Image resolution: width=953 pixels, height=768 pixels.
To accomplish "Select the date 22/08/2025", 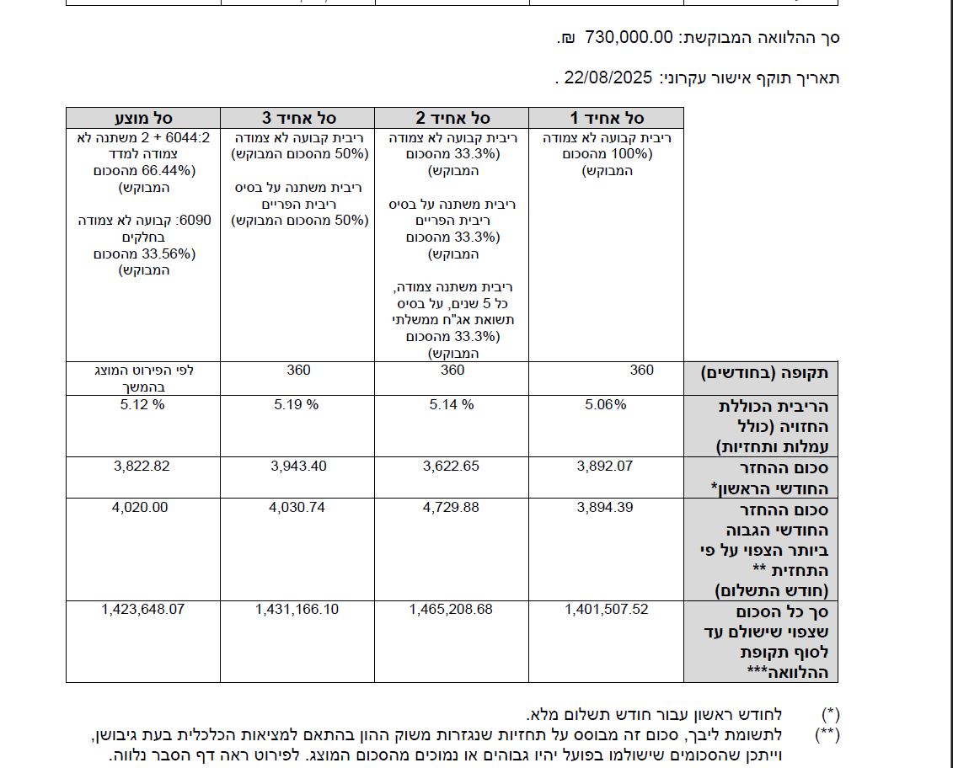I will pyautogui.click(x=608, y=78).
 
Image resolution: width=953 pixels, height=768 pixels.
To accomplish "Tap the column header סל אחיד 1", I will pyautogui.click(x=606, y=118).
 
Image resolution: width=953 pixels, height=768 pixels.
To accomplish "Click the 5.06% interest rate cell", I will pyautogui.click(x=606, y=404).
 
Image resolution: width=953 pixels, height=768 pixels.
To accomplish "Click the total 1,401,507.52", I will pyautogui.click(x=606, y=609).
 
